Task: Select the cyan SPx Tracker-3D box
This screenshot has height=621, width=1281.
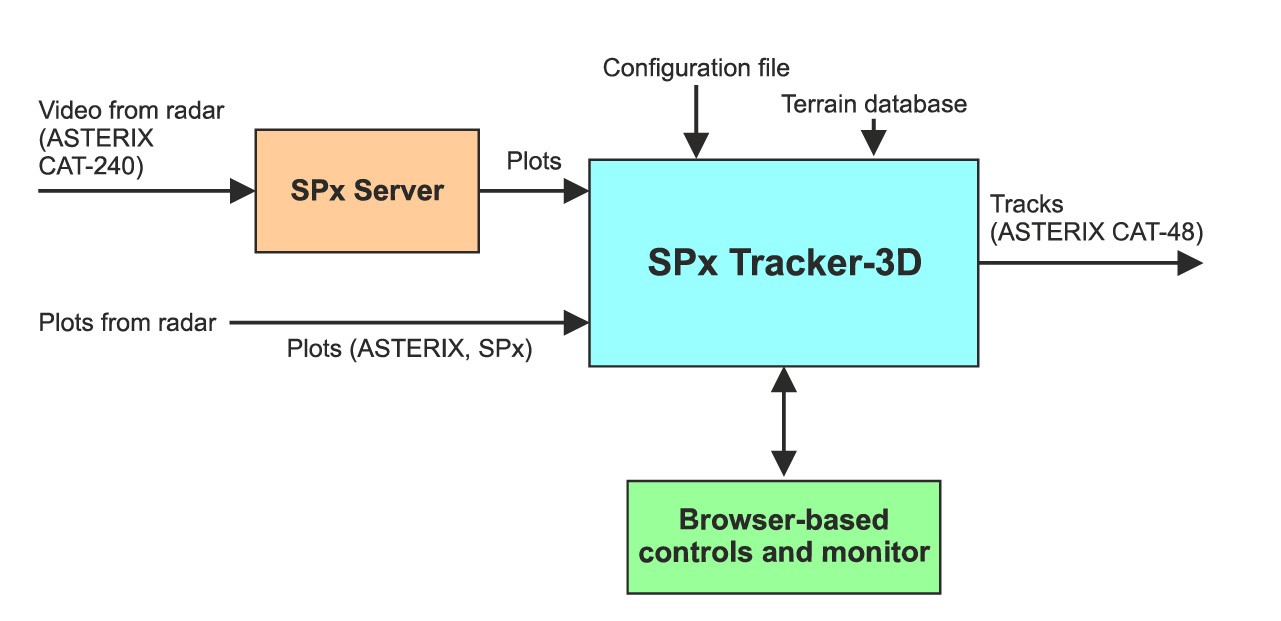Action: tap(783, 263)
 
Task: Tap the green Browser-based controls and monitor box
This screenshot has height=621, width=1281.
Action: tap(783, 537)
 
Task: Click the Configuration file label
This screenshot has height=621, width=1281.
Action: tap(696, 68)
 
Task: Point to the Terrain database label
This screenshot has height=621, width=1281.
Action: tap(874, 104)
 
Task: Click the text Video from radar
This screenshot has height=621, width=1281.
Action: tap(131, 110)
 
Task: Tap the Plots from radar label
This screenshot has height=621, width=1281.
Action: tap(127, 323)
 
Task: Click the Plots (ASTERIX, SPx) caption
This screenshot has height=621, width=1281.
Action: tap(408, 350)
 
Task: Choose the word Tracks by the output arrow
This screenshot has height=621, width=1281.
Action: tap(1026, 205)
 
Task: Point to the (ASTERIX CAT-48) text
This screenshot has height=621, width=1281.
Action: tap(1096, 233)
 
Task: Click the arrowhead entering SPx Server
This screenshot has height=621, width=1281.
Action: tap(243, 190)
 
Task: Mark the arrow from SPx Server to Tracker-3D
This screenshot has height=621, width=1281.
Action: tap(534, 190)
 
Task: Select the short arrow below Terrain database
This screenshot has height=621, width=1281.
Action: tap(875, 137)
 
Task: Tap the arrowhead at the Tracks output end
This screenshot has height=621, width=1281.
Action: tap(1189, 263)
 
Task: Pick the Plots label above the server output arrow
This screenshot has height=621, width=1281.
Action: tap(533, 161)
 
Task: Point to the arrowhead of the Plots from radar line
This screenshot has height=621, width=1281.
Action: tap(577, 322)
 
